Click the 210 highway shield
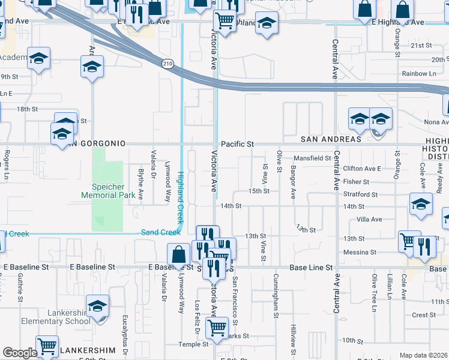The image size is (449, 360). pyautogui.click(x=167, y=62)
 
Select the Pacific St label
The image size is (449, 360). pyautogui.click(x=238, y=145)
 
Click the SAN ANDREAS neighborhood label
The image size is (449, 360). pyautogui.click(x=331, y=139)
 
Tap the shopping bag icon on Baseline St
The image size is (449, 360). pyautogui.click(x=178, y=255)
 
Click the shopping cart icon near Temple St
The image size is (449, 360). pyautogui.click(x=216, y=328)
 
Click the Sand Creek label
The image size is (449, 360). pyautogui.click(x=161, y=232)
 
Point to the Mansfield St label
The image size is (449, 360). pyautogui.click(x=312, y=158)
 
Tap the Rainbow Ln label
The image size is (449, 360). pyautogui.click(x=419, y=74)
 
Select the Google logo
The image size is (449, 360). pyautogui.click(x=20, y=353)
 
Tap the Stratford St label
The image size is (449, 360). pyautogui.click(x=360, y=194)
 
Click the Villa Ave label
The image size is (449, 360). pyautogui.click(x=369, y=220)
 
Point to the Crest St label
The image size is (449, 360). pyautogui.click(x=424, y=315)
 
